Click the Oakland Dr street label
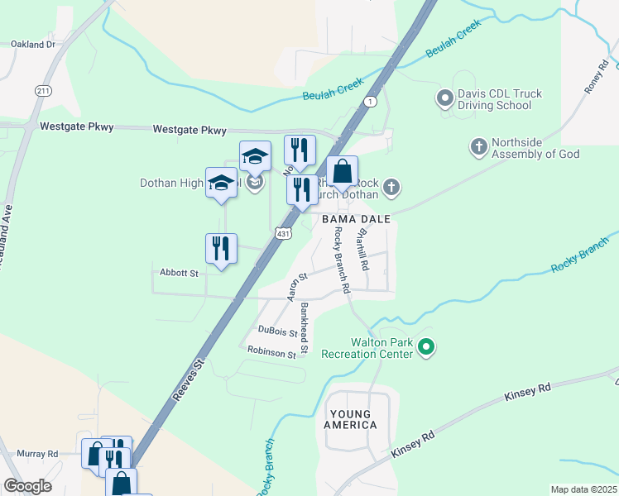[33, 43]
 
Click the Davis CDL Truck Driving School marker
[444, 99]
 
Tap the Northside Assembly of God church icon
[477, 147]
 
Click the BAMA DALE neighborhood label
[356, 219]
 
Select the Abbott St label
[179, 272]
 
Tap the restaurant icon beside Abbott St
[221, 250]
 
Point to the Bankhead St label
[305, 328]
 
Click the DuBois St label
[277, 331]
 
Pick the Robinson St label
[271, 353]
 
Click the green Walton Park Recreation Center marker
[426, 347]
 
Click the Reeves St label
[190, 379]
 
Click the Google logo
[27, 486]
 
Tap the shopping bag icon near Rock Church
[342, 172]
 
